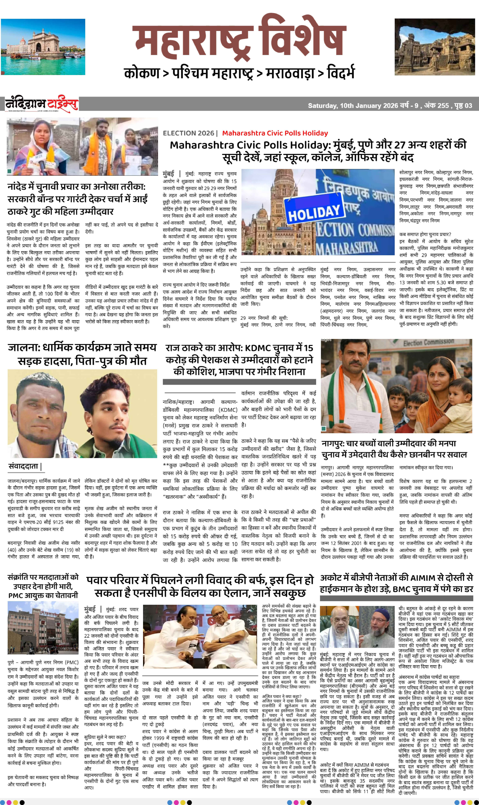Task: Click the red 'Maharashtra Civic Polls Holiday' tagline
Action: tap(275, 133)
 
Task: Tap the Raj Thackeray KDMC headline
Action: tap(239, 359)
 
